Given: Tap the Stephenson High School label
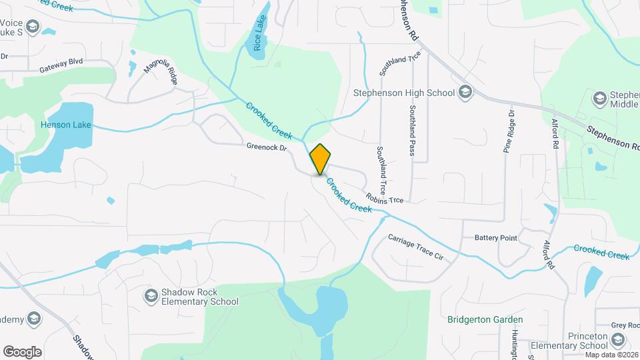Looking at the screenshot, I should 403,93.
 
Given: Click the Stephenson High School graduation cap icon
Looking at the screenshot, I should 465,93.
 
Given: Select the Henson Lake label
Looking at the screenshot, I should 65,125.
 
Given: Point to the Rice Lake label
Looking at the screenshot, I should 259,39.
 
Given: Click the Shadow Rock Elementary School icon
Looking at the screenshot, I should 151,295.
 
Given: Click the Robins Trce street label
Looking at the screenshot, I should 384,198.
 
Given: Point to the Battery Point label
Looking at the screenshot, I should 495,238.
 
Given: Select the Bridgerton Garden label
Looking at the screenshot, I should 485,320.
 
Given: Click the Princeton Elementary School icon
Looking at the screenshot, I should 618,341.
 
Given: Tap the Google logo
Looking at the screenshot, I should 22,351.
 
